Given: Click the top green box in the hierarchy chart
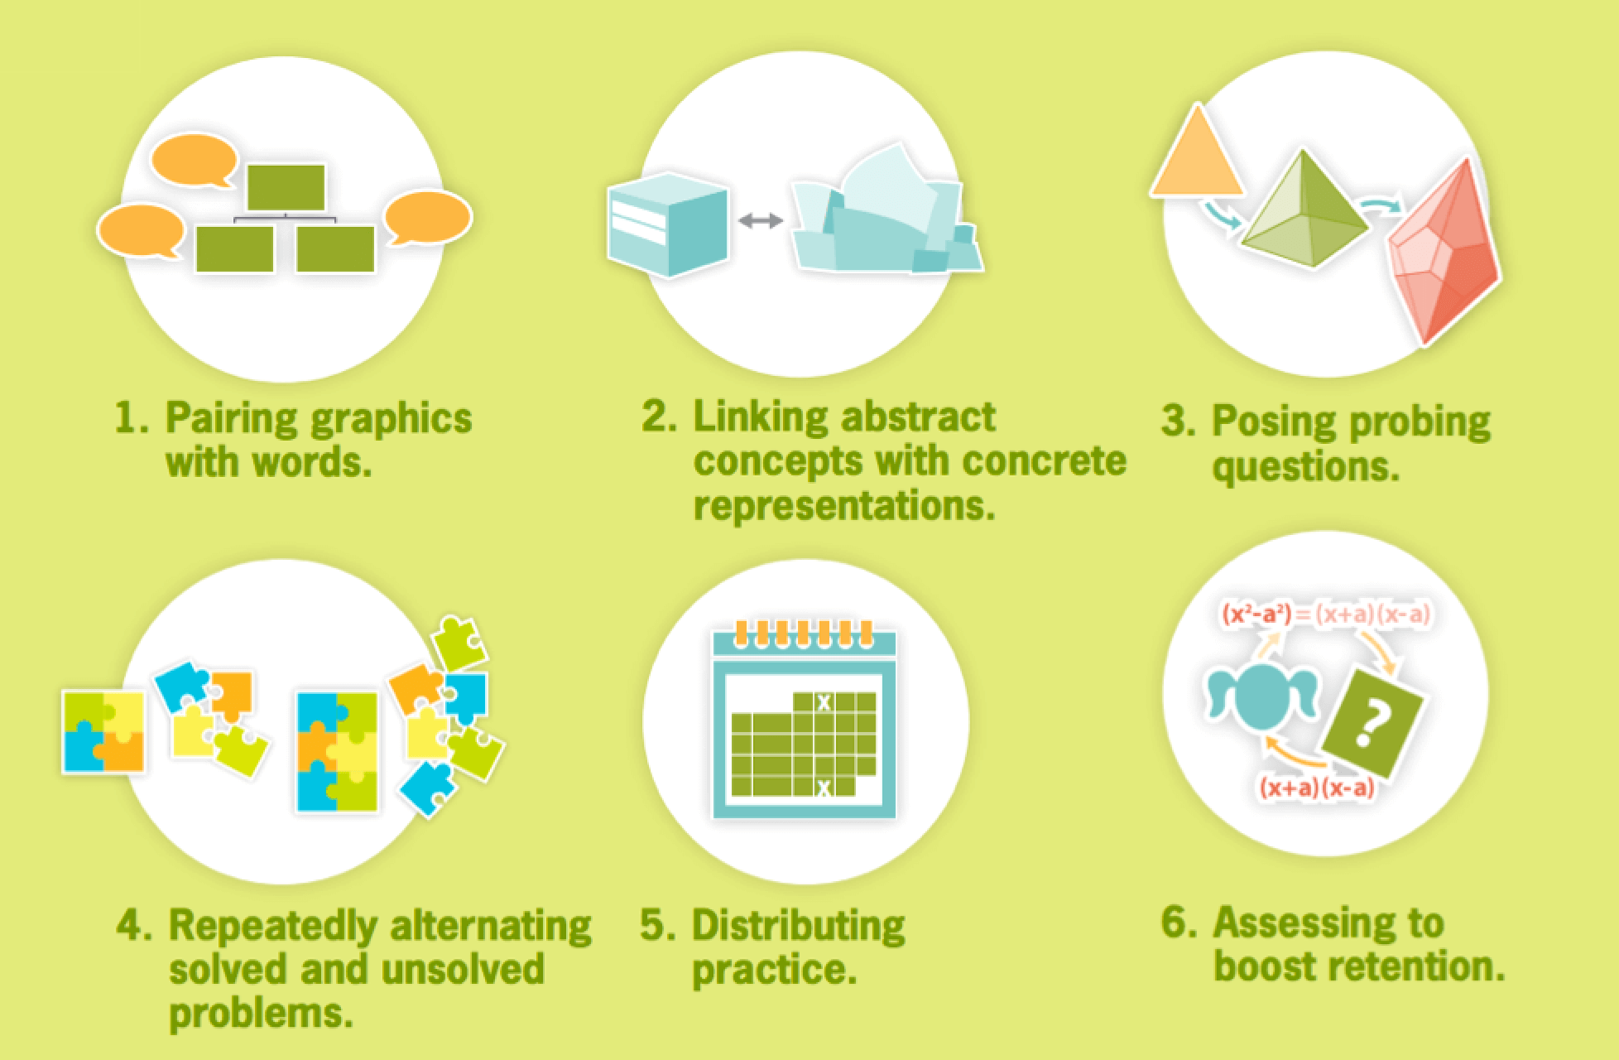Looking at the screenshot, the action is (286, 187).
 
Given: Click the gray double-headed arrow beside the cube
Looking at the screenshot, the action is (761, 220).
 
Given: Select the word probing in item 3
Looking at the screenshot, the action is (1421, 422).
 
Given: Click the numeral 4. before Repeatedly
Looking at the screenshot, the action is (135, 925).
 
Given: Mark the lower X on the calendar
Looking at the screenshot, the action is (824, 789).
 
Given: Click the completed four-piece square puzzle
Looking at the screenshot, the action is (104, 732).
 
